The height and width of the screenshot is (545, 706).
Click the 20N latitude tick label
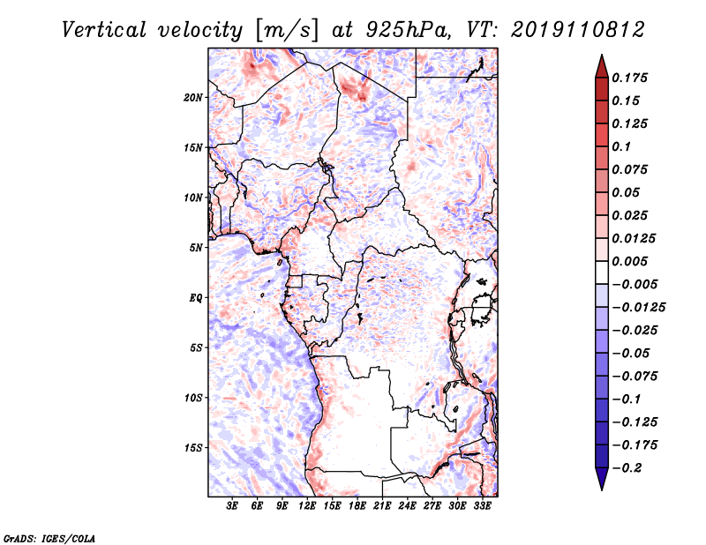pos(193,98)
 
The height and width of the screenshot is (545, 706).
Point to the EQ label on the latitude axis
pos(196,298)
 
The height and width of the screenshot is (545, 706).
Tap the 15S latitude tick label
pos(193,448)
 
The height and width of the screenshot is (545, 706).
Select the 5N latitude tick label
pos(196,248)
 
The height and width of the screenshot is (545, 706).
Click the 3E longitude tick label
pos(232,506)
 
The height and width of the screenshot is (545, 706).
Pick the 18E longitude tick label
pos(357,506)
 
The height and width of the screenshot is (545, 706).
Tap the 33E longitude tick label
pos(482,506)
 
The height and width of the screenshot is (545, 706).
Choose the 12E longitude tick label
pos(307,506)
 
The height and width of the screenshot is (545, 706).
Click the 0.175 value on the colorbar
pos(629,78)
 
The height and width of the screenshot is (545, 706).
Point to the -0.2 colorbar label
pos(627,468)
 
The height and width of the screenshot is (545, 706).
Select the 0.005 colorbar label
pos(629,261)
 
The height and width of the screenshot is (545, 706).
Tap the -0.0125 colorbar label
pos(638,308)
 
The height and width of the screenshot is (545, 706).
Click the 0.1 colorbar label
pos(621,146)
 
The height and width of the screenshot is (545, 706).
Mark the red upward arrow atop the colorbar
pos(602,66)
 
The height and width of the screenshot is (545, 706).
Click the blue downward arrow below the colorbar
pos(602,479)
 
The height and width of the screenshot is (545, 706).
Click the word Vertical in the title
pos(104,30)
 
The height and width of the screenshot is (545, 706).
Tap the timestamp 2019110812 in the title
pos(578,30)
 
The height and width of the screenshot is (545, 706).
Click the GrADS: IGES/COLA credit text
pos(49,539)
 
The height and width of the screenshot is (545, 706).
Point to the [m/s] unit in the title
pos(286,31)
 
